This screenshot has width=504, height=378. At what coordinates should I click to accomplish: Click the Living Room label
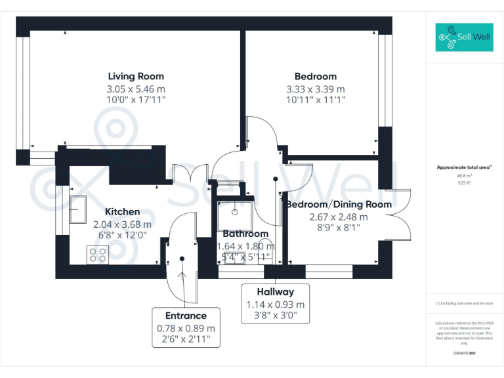136,76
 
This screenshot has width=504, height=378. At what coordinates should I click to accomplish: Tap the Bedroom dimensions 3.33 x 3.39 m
315,89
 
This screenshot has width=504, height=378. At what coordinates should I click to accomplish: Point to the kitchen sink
79,208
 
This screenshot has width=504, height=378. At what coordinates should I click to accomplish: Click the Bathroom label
245,234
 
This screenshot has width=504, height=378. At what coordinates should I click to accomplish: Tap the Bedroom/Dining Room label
339,204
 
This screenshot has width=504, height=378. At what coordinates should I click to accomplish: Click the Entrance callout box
186,327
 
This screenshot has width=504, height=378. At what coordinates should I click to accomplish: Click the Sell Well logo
463,37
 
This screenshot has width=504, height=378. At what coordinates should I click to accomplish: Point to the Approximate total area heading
463,168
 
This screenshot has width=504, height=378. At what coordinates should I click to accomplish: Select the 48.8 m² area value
463,176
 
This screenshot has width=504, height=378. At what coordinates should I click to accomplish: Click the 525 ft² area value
463,183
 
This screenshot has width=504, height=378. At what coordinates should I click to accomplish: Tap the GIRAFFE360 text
463,354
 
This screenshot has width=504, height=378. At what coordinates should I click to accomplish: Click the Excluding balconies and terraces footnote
463,304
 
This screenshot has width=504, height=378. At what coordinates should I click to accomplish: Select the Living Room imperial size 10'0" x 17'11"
136,100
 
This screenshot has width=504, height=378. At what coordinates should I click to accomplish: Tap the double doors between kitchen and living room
186,175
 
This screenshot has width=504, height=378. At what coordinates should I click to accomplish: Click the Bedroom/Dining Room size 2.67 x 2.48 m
339,217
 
